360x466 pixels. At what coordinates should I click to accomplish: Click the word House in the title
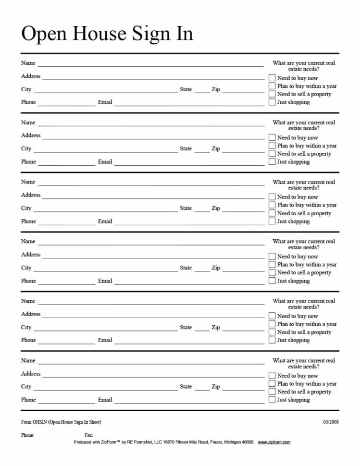[x=102, y=34]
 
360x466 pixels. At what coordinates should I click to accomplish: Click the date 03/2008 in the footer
[x=331, y=422]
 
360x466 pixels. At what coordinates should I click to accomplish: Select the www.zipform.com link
[x=274, y=442]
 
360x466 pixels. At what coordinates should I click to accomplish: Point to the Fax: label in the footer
[x=88, y=435]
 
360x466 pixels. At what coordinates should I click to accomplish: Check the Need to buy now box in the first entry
[x=272, y=78]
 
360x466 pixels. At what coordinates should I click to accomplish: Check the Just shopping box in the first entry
[x=272, y=102]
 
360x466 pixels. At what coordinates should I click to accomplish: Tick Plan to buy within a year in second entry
[x=272, y=146]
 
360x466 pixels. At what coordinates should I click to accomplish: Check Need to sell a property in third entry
[x=272, y=213]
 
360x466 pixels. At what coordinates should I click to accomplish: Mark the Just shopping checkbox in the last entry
[x=272, y=399]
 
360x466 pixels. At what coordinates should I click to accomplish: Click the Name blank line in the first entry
[x=150, y=65]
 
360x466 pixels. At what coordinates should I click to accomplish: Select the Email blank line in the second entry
[x=189, y=164]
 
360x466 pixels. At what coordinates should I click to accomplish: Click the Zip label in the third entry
[x=216, y=208]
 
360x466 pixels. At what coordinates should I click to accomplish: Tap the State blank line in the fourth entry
[x=202, y=270]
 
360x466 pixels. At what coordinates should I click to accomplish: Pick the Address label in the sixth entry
[x=31, y=374]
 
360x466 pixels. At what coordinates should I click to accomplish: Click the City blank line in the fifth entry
[x=105, y=330]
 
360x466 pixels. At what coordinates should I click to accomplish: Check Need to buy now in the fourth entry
[x=272, y=257]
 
